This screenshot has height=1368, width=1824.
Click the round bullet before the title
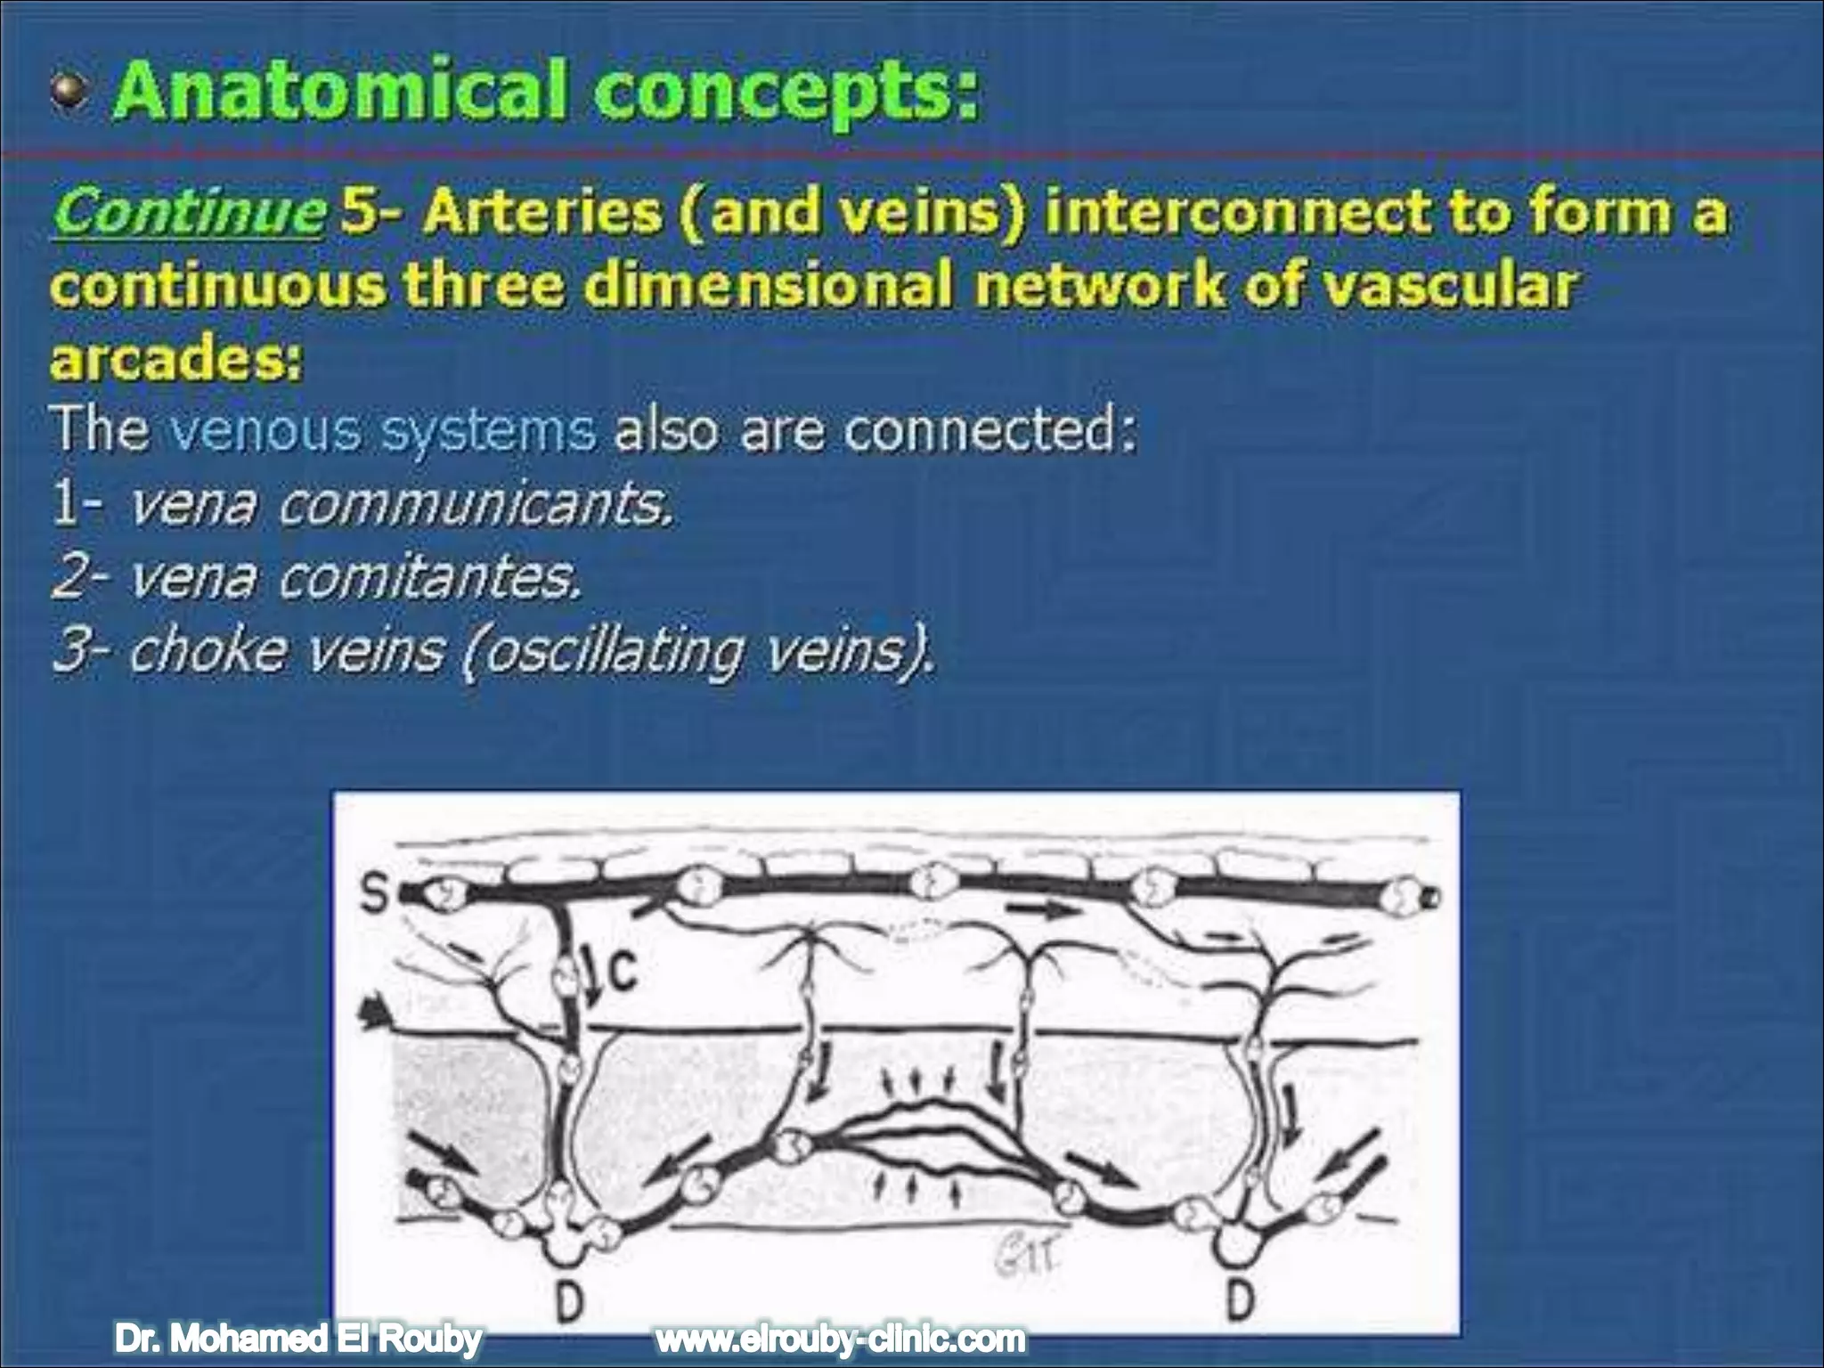pyautogui.click(x=69, y=93)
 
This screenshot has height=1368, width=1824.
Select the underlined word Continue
pyautogui.click(x=189, y=212)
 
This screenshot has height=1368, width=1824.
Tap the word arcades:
pyautogui.click(x=176, y=361)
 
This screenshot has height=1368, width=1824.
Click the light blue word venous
pyautogui.click(x=265, y=430)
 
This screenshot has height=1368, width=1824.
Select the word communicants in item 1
pyautogui.click(x=476, y=504)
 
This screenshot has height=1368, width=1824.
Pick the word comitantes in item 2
pyautogui.click(x=429, y=578)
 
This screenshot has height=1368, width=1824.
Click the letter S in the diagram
pyautogui.click(x=375, y=893)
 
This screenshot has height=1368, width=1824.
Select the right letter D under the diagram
pyautogui.click(x=1239, y=1300)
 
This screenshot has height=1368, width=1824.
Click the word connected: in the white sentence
pyautogui.click(x=989, y=430)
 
